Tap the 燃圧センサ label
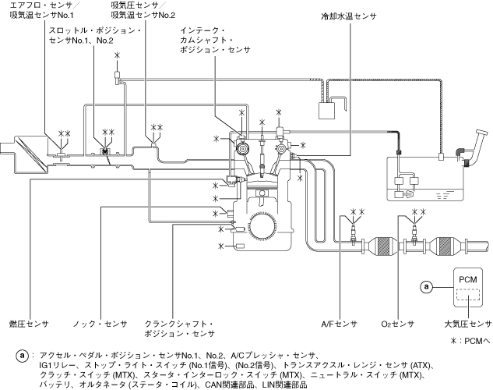[29, 322]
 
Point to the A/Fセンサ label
[339, 322]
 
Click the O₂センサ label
[396, 322]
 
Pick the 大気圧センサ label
[467, 322]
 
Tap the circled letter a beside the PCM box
[425, 287]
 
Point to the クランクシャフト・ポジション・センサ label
[180, 327]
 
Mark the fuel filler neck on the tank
[470, 152]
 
